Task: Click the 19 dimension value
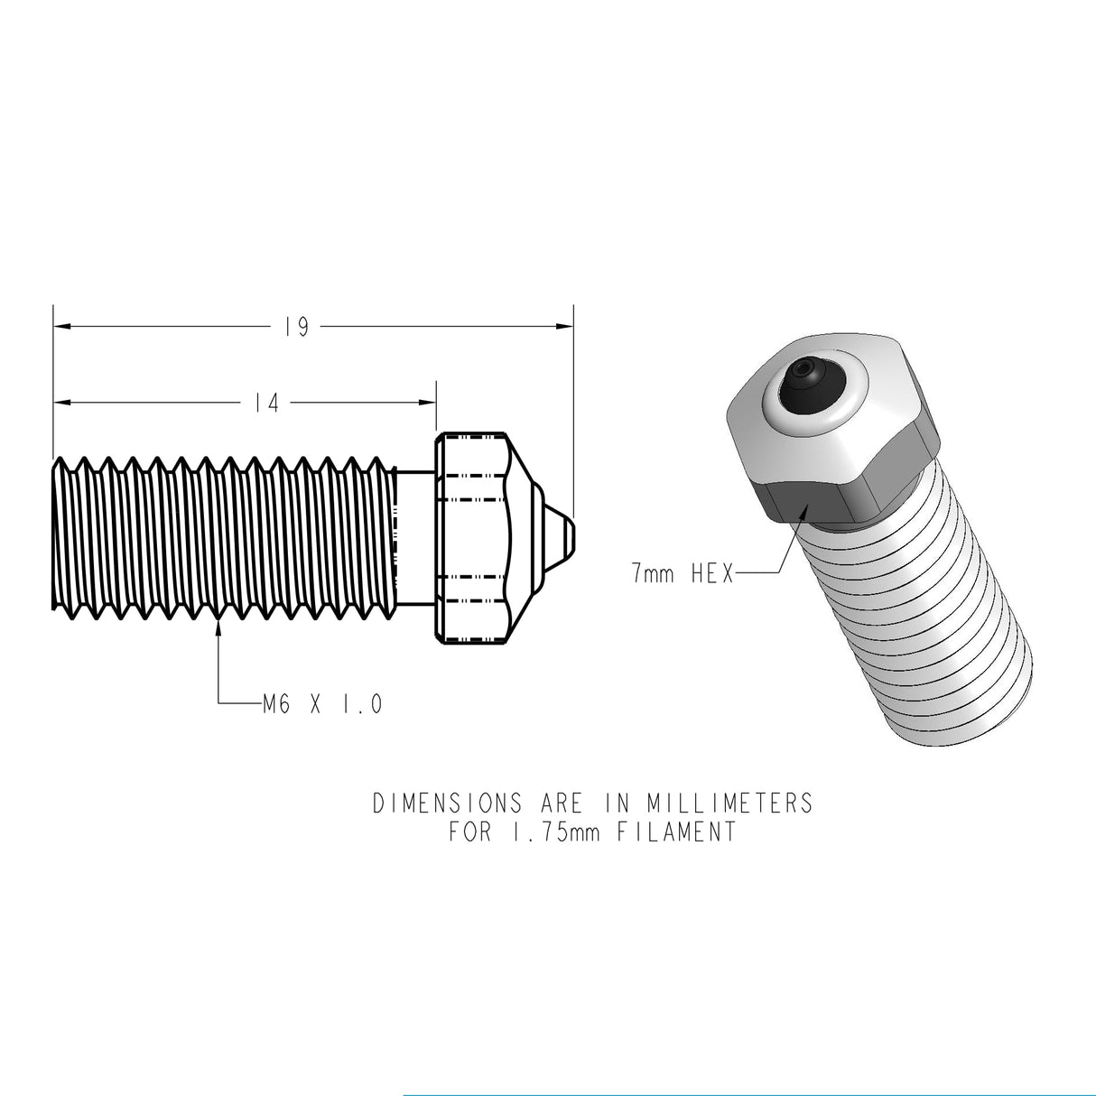point(295,327)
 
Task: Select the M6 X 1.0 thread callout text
point(321,702)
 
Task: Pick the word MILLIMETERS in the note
point(729,803)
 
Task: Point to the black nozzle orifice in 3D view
point(805,372)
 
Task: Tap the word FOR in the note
point(469,831)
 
